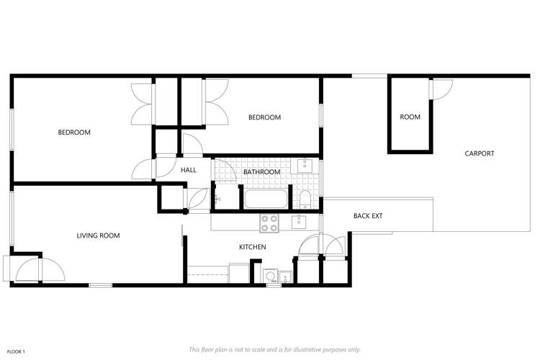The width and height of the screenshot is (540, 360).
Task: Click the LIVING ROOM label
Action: tap(98, 235)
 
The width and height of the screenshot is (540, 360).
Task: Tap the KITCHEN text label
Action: tap(253, 248)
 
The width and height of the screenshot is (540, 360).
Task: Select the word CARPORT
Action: tap(480, 153)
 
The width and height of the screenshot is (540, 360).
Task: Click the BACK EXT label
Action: tap(367, 216)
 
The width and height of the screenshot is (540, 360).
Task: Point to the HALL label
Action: tap(189, 170)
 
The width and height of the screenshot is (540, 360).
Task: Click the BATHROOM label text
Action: tap(261, 172)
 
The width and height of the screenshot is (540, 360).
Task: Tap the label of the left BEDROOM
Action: tap(74, 132)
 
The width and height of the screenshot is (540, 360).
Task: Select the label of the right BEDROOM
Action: tap(264, 117)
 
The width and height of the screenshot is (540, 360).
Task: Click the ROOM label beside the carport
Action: tap(410, 117)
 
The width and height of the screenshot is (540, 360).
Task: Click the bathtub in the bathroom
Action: tap(267, 199)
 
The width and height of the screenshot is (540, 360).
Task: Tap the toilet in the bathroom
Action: tap(305, 199)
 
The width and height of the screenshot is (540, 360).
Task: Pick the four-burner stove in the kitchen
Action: tap(269, 223)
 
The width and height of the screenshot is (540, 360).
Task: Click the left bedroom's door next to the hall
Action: tap(143, 169)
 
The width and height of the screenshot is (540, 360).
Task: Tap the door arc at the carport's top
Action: tap(441, 87)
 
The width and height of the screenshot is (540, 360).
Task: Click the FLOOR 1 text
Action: tap(17, 351)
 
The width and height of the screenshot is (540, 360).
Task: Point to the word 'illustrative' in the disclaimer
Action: tap(308, 349)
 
